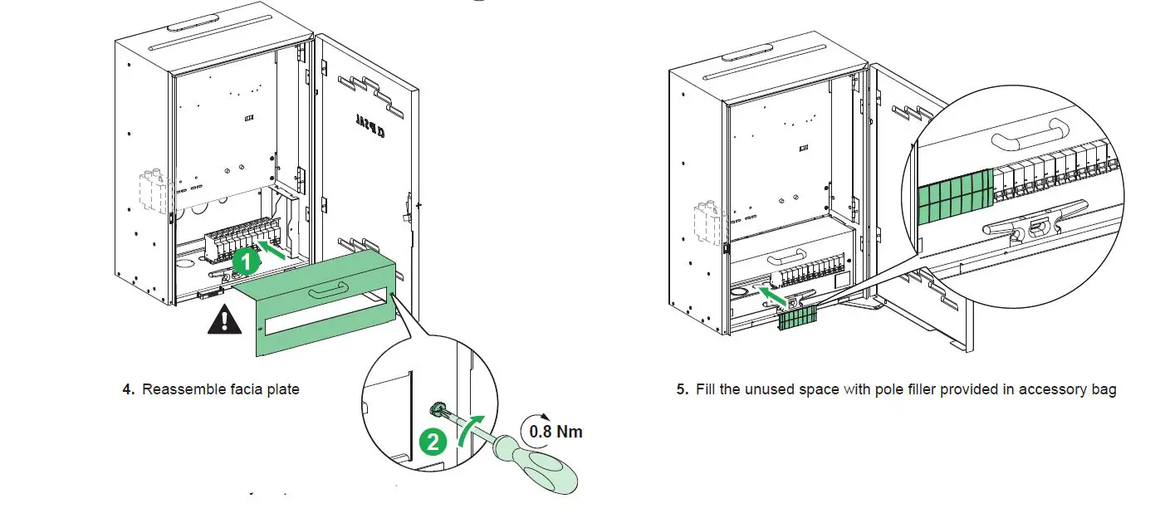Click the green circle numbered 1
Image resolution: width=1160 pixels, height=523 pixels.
click(x=244, y=261)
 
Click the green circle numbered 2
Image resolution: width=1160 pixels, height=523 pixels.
click(x=432, y=441)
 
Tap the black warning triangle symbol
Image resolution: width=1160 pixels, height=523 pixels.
click(x=223, y=320)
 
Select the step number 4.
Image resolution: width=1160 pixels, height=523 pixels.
click(x=128, y=389)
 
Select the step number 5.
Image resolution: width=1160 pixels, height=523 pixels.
click(x=681, y=389)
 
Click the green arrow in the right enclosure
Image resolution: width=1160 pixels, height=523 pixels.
click(x=771, y=295)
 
